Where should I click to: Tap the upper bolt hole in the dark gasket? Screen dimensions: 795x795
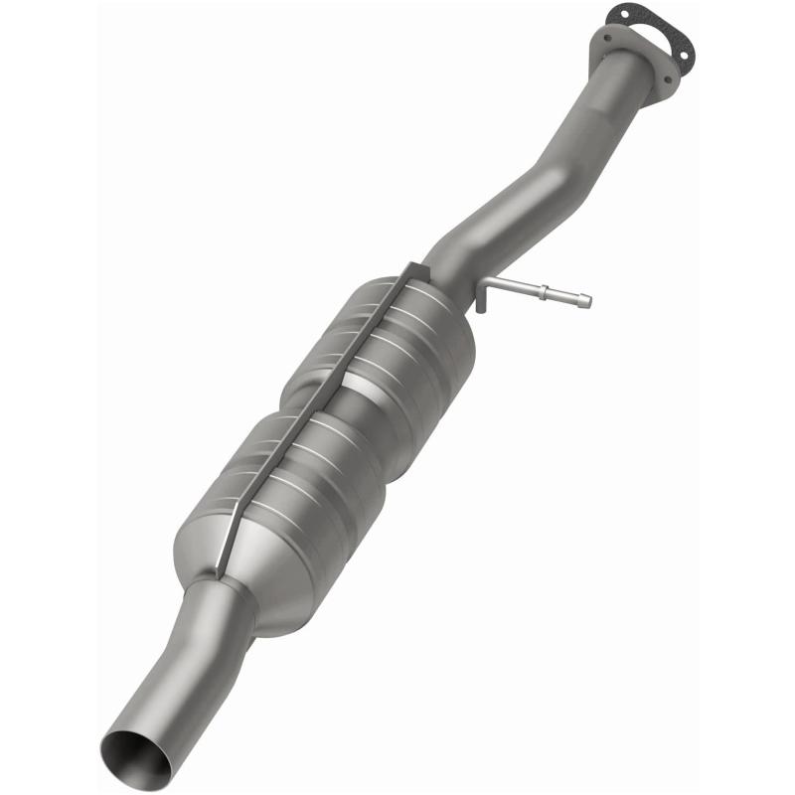pos(613,13)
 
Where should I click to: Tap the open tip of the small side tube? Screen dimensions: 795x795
pos(588,301)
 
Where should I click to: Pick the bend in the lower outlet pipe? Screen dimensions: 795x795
pos(199,656)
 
